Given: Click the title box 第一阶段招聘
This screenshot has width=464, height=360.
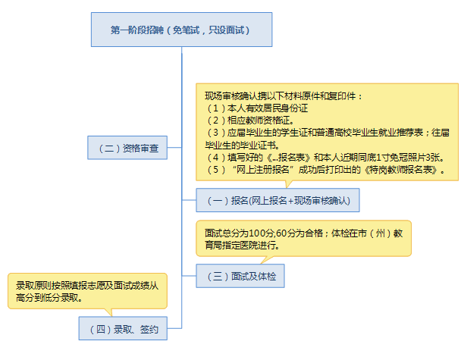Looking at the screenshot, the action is [181, 30].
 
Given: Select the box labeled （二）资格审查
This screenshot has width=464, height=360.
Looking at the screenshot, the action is [127, 148].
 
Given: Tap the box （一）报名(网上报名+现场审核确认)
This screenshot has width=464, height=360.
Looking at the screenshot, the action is [277, 200].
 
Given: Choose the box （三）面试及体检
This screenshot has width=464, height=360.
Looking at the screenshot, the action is [240, 276].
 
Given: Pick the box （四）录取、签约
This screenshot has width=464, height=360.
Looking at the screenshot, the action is [123, 328].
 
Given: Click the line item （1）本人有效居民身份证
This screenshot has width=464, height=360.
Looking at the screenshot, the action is [256, 108].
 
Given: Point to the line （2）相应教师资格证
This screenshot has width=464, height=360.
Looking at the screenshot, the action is [250, 121].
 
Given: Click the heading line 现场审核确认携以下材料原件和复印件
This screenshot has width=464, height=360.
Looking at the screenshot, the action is [284, 96].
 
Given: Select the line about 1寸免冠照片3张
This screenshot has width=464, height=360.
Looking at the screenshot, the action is [325, 158].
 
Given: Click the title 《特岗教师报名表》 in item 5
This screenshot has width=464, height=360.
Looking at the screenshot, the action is [401, 170].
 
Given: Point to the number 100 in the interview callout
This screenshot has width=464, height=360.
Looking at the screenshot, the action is [257, 233].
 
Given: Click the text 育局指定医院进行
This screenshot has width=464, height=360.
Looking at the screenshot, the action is [242, 246].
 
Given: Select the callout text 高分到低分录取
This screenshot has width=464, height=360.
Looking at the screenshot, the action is [49, 298].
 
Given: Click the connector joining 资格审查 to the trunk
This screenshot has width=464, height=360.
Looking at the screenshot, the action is [174, 148].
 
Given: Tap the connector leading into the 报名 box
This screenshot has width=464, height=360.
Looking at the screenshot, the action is [189, 200].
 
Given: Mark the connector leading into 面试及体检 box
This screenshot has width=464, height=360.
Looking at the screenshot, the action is [189, 276].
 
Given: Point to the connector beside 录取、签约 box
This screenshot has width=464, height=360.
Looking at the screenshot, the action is [174, 328].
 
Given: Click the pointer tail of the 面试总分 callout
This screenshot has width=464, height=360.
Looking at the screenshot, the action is [266, 260].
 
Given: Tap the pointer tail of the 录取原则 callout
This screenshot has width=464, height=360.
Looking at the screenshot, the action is [108, 312].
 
